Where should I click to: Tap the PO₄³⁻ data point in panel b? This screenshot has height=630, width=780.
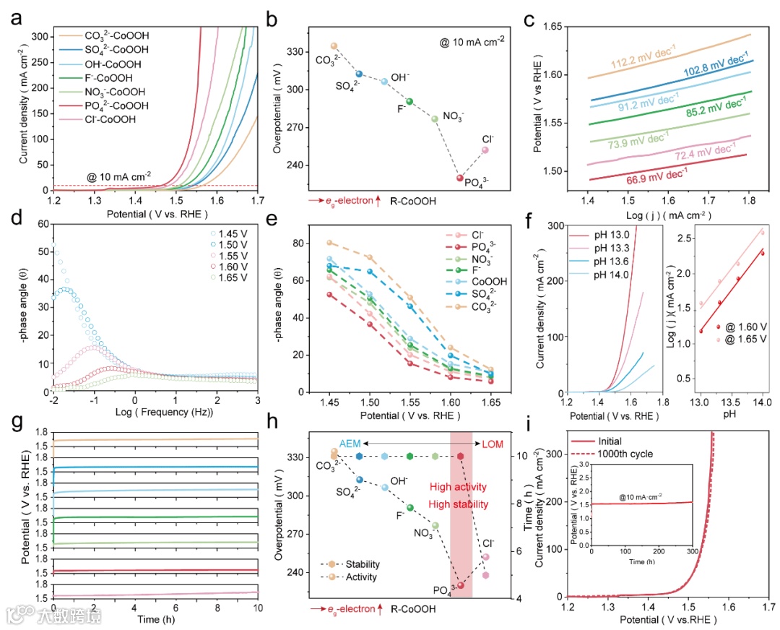(460, 178)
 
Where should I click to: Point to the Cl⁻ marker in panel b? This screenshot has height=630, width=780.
(485, 150)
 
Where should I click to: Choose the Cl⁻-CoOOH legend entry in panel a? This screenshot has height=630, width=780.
(113, 120)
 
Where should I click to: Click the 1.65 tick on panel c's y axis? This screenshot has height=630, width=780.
(555, 26)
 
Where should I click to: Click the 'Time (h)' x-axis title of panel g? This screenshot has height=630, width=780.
(158, 619)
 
